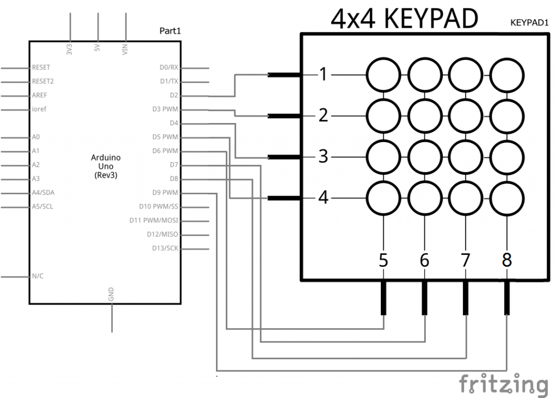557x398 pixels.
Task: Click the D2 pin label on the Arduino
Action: click(174, 95)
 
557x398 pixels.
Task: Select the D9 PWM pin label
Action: click(165, 192)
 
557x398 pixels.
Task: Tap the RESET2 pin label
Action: click(43, 81)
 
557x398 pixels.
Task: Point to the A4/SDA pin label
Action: click(43, 192)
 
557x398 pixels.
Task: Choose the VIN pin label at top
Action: click(126, 50)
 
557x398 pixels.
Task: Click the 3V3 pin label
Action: click(70, 50)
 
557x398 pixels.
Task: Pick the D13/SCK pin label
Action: click(165, 248)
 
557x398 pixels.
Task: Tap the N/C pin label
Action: click(38, 276)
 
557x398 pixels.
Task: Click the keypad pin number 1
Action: click(324, 74)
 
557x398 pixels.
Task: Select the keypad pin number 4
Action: click(324, 198)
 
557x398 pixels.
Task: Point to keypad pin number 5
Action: click(383, 261)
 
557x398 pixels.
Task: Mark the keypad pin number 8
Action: click(507, 261)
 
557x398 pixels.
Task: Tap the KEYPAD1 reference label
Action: click(529, 23)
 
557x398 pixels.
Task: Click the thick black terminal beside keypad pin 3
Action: click(284, 157)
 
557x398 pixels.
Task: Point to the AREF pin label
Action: click(40, 95)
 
